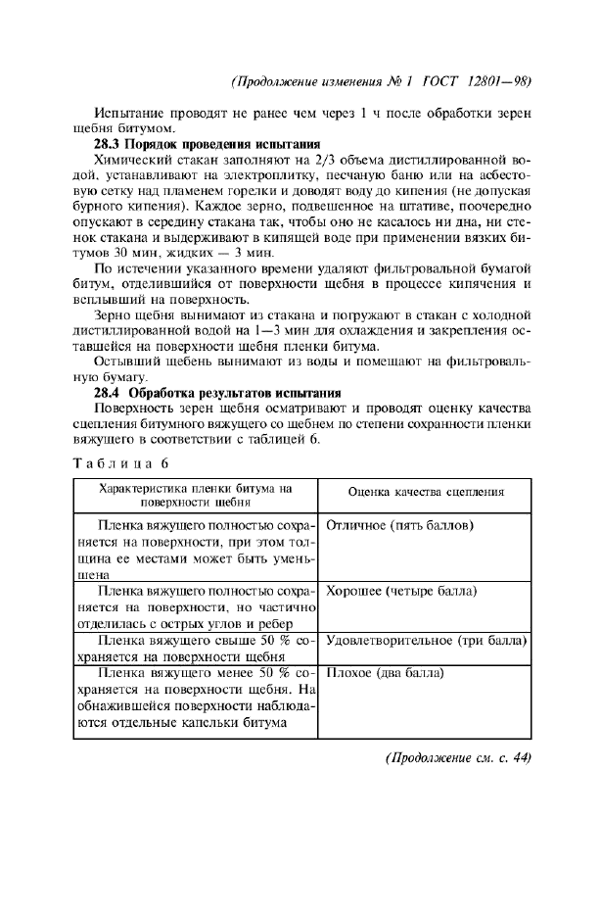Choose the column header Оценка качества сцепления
426,492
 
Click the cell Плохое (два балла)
385,674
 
